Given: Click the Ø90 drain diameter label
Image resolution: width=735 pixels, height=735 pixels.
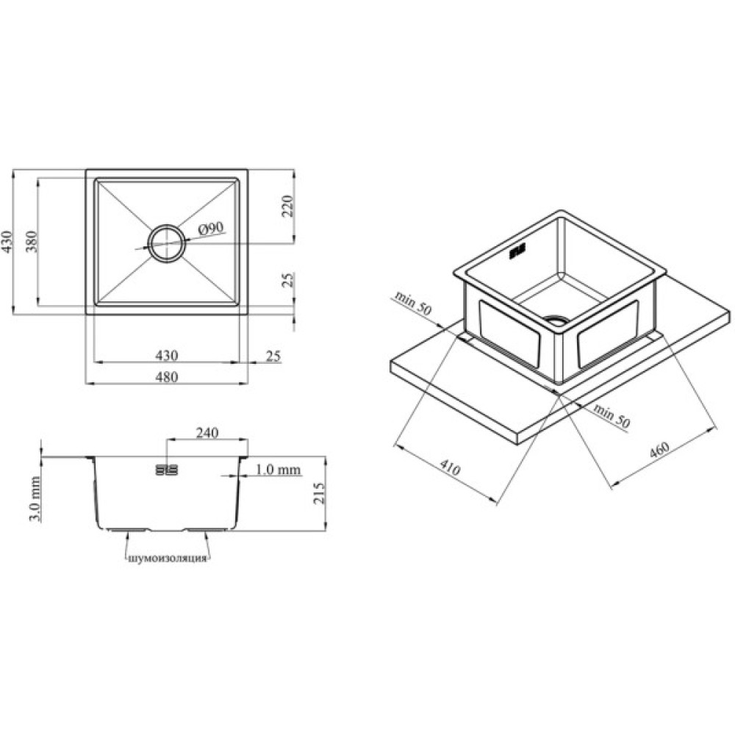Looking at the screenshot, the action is coord(212,229).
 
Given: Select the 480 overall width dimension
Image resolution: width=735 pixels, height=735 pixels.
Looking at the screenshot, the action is coord(166,376).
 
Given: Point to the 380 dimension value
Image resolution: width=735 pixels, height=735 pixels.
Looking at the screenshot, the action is coord(31,241).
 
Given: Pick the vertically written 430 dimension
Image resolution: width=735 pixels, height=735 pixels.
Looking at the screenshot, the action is coord(7,241).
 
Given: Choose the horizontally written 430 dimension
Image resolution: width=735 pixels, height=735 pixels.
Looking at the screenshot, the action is coord(166,355).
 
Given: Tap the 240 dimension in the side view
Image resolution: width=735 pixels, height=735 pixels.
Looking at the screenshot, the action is coord(207,432).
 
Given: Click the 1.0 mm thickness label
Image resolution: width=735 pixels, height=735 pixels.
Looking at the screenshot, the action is coord(279,469).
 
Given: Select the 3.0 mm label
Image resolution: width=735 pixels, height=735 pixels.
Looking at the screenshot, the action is coord(35,499).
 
